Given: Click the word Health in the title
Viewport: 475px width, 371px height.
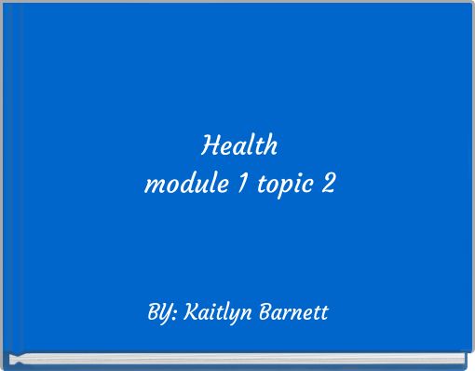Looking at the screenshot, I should [239, 146].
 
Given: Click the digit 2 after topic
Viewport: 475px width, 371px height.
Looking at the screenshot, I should [326, 185].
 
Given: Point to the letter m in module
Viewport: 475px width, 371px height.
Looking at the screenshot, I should [153, 186].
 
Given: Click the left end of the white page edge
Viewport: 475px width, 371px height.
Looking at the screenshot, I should [11, 358].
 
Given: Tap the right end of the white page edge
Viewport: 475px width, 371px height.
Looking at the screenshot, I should [464, 358].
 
